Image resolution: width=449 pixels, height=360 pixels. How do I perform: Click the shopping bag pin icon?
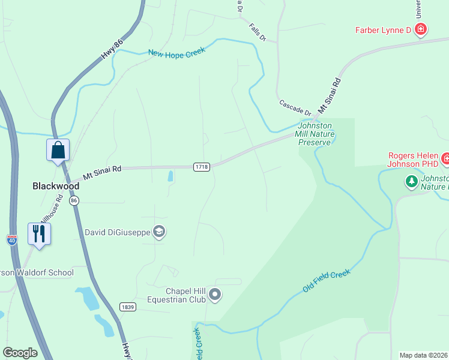[x=58, y=150]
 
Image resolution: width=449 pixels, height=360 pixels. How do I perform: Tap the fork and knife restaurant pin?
[x=39, y=233]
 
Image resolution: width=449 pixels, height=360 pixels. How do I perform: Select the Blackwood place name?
[x=55, y=186]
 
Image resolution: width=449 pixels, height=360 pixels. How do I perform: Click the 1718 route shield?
[x=202, y=167]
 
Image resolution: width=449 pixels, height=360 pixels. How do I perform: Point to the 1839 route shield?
[x=127, y=307]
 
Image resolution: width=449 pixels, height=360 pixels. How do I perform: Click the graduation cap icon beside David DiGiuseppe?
[x=158, y=232]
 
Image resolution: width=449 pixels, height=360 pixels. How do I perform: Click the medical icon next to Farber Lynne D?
[x=421, y=29]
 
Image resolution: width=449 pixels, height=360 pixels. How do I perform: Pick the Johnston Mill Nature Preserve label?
[x=315, y=134]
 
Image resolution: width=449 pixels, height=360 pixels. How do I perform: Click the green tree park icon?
[x=411, y=181]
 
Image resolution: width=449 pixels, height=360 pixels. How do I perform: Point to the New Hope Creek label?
[x=176, y=52]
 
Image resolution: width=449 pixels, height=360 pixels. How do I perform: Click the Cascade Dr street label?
[x=295, y=108]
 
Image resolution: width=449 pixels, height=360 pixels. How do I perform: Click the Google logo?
[x=20, y=352]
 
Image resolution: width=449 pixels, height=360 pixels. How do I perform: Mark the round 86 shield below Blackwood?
[x=74, y=201]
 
